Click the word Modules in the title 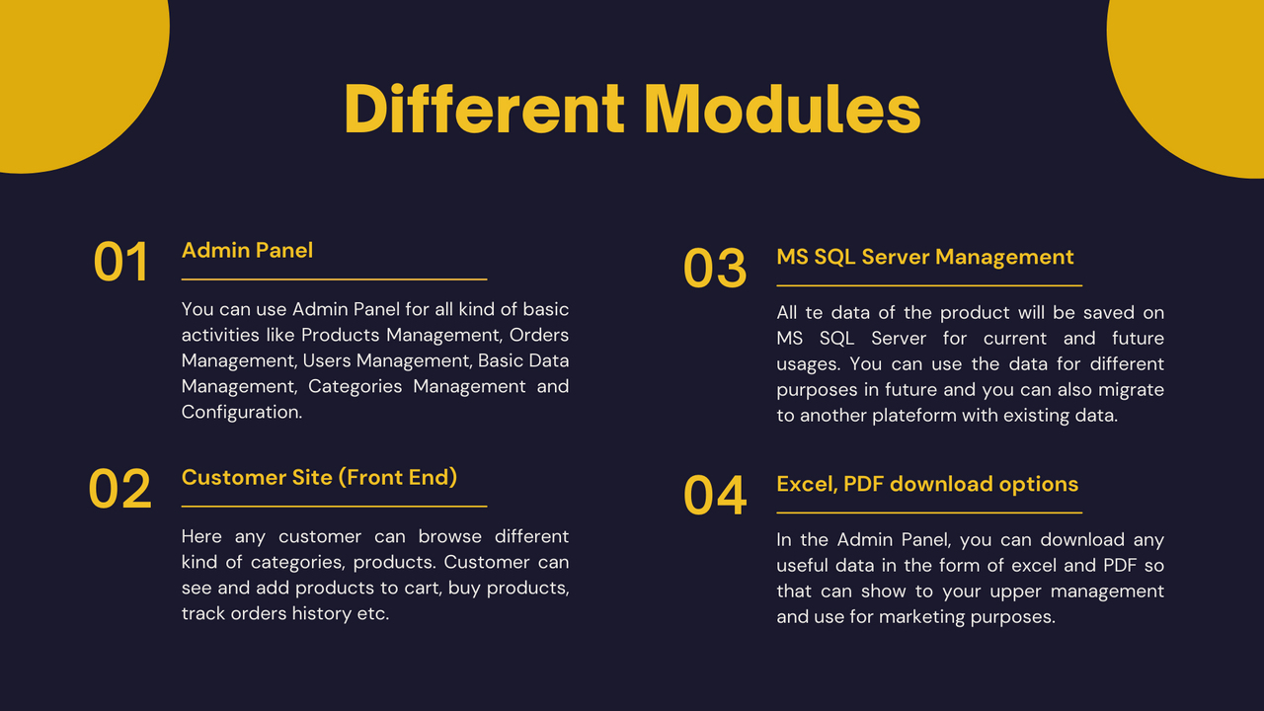[782, 109]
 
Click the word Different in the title [485, 109]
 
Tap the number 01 [120, 262]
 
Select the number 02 [120, 489]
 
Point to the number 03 [715, 268]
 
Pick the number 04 [715, 496]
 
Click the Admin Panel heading [247, 251]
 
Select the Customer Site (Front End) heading [319, 477]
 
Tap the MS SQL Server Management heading [925, 258]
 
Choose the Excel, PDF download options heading [927, 484]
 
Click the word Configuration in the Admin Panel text [242, 413]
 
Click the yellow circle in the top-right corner [1191, 79]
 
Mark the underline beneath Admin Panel [334, 279]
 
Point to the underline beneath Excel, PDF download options [929, 513]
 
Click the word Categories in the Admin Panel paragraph [355, 386]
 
